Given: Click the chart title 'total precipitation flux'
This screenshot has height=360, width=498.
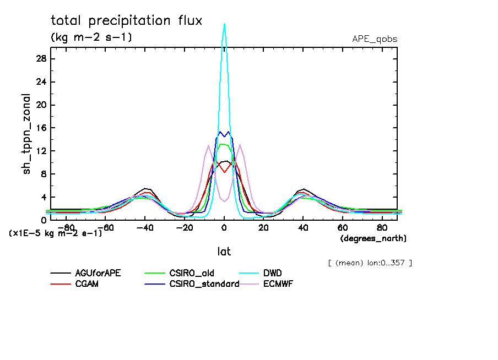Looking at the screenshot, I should [127, 21].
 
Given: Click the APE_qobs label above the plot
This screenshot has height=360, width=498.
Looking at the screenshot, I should [375, 39].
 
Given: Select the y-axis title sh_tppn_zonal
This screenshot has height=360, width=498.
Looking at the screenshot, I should [27, 134].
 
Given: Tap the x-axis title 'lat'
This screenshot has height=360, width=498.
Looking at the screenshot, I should [224, 252].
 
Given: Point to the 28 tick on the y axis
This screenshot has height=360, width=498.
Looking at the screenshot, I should [40, 59].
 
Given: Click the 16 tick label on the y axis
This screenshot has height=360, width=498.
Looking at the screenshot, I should [40, 128].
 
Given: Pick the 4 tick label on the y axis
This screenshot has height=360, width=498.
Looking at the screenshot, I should [43, 197].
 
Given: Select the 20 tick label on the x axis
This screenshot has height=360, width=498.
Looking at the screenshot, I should [263, 227].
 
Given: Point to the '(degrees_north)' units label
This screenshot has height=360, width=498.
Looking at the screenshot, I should [373, 238].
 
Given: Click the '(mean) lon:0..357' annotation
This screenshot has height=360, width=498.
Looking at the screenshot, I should [369, 263].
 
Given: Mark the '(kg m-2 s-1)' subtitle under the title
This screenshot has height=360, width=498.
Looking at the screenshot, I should [91, 37].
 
